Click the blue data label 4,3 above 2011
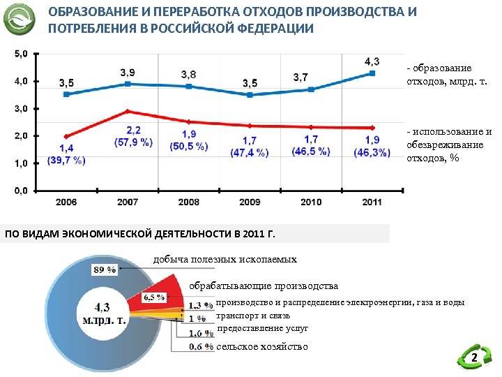[372, 61]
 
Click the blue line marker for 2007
[127, 84]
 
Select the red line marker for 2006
[66, 136]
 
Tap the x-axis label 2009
[250, 202]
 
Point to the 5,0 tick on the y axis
[22, 53]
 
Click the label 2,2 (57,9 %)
[133, 136]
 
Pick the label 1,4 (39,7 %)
[66, 154]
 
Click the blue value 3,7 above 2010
[301, 77]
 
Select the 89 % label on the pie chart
[104, 270]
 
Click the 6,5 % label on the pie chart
[153, 297]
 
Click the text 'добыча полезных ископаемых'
[225, 260]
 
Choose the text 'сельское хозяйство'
[262, 347]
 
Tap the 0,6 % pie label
[201, 346]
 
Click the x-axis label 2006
[66, 202]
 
